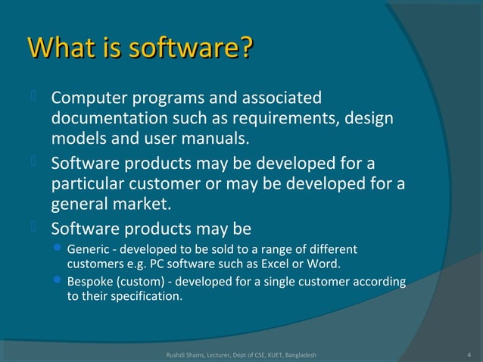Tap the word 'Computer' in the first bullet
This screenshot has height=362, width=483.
88,98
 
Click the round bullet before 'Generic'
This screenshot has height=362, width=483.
58,250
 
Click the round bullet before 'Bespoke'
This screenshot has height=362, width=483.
58,282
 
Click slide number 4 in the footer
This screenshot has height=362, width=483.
470,354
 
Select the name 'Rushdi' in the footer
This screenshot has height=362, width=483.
177,354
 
